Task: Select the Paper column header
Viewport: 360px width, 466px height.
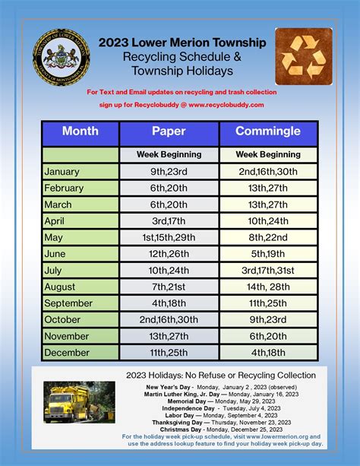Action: tap(169, 132)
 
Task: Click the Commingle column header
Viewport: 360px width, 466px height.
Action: tap(267, 132)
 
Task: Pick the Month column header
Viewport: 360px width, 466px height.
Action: tap(81, 132)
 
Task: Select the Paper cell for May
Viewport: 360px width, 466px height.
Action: tap(169, 237)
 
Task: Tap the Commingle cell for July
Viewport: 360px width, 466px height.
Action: tap(267, 270)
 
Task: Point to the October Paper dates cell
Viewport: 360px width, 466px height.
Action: tap(169, 319)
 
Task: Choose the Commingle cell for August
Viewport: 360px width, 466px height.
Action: tap(267, 287)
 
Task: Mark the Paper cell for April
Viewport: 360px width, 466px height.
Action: tap(169, 220)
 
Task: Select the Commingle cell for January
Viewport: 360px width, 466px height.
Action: tap(267, 171)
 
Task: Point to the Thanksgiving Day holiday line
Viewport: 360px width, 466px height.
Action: tap(220, 422)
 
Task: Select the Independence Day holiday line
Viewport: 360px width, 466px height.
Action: tap(220, 407)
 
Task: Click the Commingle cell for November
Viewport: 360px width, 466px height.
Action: tap(267, 336)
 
